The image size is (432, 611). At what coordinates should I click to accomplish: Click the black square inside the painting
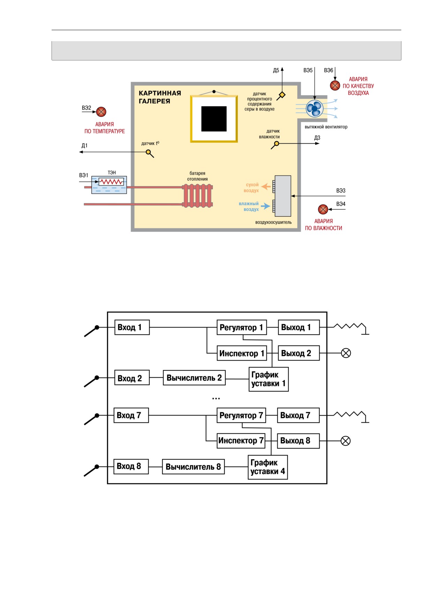click(x=214, y=119)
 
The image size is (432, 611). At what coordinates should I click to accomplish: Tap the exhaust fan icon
click(x=314, y=108)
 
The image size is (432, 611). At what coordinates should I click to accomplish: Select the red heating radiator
click(x=197, y=196)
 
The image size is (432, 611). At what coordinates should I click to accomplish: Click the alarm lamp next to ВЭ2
click(x=101, y=112)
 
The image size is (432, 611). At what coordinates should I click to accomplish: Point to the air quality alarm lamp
click(x=335, y=85)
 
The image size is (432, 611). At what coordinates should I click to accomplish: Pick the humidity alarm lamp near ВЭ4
click(x=323, y=209)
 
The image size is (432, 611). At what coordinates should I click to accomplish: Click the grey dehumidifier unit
click(x=283, y=196)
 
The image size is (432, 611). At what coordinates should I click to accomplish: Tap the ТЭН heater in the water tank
click(x=111, y=182)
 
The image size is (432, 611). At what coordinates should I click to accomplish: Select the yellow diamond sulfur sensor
click(x=282, y=95)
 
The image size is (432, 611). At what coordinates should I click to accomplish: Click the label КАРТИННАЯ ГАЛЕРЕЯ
click(x=160, y=97)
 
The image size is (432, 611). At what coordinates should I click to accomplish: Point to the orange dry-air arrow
click(x=266, y=187)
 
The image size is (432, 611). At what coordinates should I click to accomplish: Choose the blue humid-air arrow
click(x=266, y=206)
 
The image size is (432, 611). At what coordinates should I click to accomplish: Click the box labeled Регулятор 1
click(x=242, y=327)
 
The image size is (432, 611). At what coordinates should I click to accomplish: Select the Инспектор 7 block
click(x=241, y=440)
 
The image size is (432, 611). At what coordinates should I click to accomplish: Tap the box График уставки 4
click(x=268, y=467)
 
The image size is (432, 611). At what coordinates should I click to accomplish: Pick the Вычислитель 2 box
click(x=194, y=378)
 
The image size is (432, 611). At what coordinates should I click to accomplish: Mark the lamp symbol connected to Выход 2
click(x=346, y=353)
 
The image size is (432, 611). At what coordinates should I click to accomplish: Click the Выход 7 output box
click(x=298, y=415)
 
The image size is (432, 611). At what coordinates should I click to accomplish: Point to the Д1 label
click(x=84, y=145)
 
